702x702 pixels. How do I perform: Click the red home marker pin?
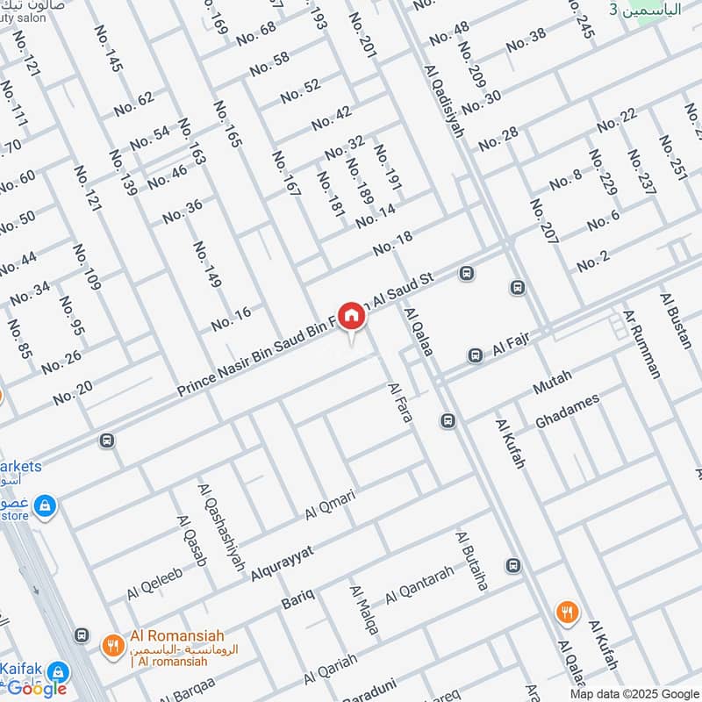click(x=351, y=316)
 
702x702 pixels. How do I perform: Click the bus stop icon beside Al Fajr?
click(x=475, y=355)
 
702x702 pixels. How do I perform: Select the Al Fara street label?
click(x=399, y=403)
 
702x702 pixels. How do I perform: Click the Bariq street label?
click(x=297, y=603)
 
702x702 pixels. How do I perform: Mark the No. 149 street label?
click(x=207, y=264)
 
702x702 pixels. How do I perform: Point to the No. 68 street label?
click(x=255, y=33)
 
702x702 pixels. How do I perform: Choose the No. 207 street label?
click(x=544, y=220)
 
